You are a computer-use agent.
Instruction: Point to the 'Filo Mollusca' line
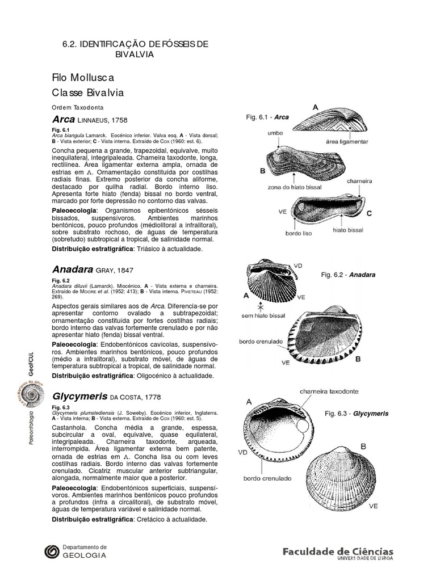[82, 77]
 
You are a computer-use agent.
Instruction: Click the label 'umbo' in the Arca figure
[275, 133]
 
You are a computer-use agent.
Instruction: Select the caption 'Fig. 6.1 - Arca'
[267, 117]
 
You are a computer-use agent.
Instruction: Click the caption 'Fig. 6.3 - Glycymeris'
[357, 414]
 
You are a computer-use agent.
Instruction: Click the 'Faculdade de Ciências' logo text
[337, 551]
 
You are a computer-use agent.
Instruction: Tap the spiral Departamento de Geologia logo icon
[52, 551]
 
